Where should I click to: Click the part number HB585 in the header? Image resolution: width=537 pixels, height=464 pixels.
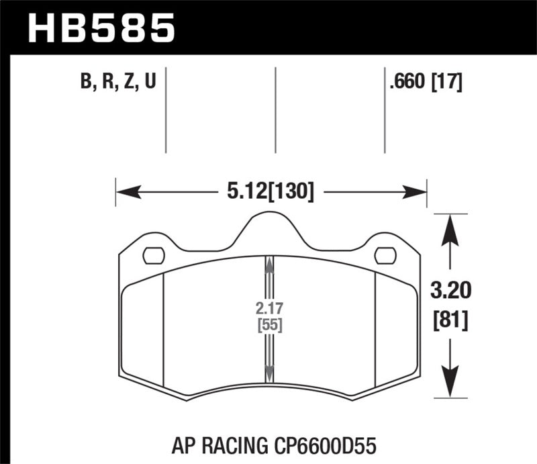[x=101, y=28]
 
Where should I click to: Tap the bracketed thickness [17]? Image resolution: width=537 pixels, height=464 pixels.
[x=447, y=83]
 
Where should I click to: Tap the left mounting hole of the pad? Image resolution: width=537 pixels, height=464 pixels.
[x=154, y=256]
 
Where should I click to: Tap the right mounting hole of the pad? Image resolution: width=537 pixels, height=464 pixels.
[x=385, y=256]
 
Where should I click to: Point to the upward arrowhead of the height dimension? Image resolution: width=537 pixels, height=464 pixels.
[x=449, y=226]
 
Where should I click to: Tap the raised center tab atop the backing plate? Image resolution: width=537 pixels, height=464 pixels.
[x=268, y=228]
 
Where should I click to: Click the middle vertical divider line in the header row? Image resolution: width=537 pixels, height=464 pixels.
[x=275, y=111]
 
